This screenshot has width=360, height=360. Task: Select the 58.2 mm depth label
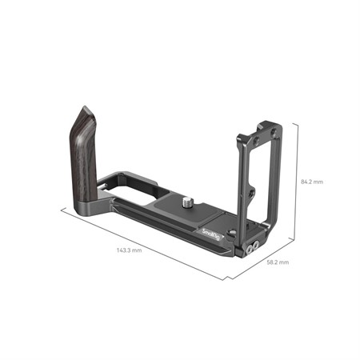pyautogui.click(x=278, y=262)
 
